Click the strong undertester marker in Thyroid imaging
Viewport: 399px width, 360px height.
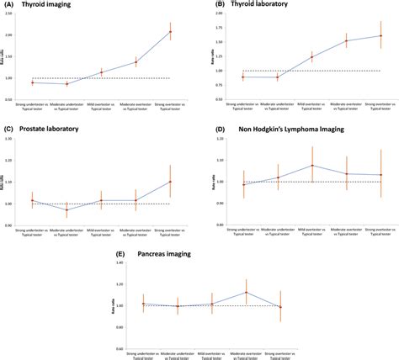[32, 82]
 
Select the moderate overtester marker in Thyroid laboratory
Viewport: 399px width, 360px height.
[345, 40]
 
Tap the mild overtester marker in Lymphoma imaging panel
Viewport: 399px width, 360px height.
[311, 166]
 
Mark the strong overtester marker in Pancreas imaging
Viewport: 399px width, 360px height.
[280, 307]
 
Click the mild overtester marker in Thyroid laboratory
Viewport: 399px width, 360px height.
[311, 57]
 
